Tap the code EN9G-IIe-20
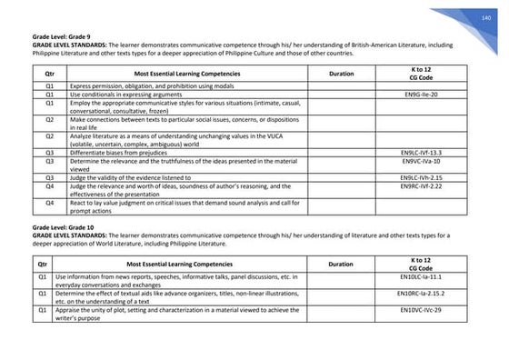421,94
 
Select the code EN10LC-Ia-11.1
421,275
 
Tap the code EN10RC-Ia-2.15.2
421,294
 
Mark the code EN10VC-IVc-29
421,311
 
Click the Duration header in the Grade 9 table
342,73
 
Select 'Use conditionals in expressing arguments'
133,94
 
